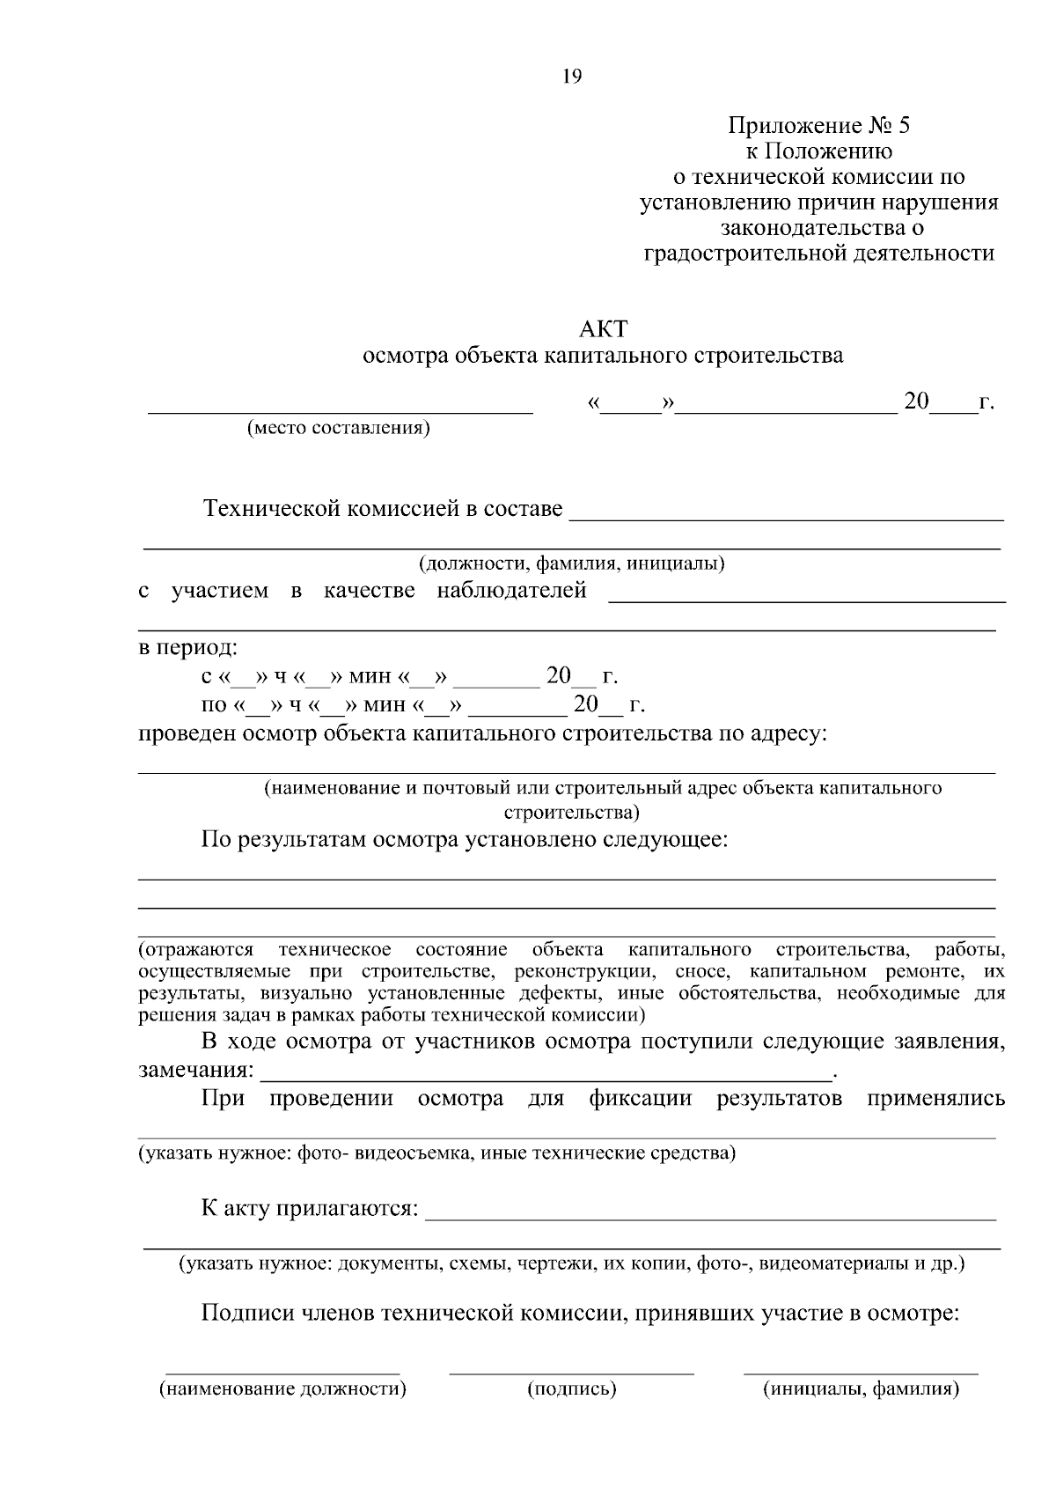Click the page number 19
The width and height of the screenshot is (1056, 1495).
572,77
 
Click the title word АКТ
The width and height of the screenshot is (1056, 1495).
604,329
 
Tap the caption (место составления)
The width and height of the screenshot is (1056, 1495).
339,429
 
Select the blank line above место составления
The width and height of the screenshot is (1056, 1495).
340,411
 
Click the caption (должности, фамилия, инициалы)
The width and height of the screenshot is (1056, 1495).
571,563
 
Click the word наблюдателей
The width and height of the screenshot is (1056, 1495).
511,591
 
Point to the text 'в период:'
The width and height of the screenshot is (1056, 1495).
187,649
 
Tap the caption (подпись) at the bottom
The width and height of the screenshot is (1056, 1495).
571,1389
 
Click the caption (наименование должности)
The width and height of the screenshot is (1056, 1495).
282,1389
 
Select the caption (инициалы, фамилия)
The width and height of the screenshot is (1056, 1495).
861,1389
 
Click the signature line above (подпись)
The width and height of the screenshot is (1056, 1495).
571,1372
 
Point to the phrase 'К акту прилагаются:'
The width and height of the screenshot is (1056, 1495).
309,1208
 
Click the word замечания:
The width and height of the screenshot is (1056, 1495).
196,1072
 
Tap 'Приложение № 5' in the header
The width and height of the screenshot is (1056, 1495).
818,126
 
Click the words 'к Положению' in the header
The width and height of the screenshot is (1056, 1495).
818,151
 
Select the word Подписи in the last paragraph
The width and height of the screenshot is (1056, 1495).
248,1315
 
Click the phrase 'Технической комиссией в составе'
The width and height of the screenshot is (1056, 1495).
383,509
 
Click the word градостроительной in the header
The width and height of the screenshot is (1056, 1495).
746,254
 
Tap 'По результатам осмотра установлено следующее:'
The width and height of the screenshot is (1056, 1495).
465,839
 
